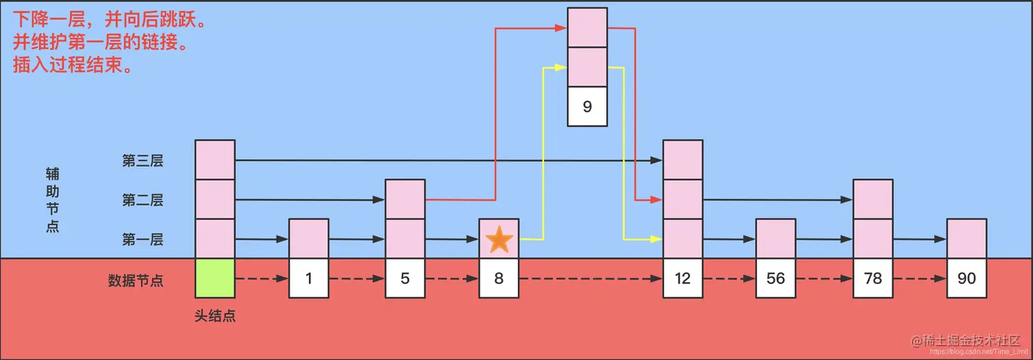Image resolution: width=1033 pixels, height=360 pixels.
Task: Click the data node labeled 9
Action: (588, 107)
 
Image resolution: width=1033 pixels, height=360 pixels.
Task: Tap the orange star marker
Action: (499, 240)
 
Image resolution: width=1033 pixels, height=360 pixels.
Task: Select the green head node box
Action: (215, 279)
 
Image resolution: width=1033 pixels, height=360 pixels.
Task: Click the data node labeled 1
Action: (309, 279)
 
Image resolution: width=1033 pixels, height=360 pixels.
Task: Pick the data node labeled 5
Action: (405, 279)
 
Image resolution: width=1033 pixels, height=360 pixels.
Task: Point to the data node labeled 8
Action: (499, 279)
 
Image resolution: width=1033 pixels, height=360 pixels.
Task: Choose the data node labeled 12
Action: (683, 279)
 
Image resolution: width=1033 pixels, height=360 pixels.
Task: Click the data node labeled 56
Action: (775, 279)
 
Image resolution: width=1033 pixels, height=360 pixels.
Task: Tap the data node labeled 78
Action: (872, 279)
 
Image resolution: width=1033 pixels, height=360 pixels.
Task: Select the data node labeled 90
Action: (966, 279)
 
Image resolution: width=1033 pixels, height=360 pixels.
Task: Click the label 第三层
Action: (143, 161)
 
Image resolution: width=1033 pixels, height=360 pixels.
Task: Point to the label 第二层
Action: (143, 200)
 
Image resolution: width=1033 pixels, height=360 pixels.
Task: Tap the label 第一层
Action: (143, 240)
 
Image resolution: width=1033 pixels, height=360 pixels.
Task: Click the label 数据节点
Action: (136, 280)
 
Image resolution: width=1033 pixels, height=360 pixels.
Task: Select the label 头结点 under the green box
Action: (215, 316)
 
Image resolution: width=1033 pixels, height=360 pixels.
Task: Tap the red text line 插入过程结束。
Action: (72, 66)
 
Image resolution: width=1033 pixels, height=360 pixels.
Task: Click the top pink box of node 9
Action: (588, 27)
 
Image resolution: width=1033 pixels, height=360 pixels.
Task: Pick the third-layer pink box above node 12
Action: (683, 160)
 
